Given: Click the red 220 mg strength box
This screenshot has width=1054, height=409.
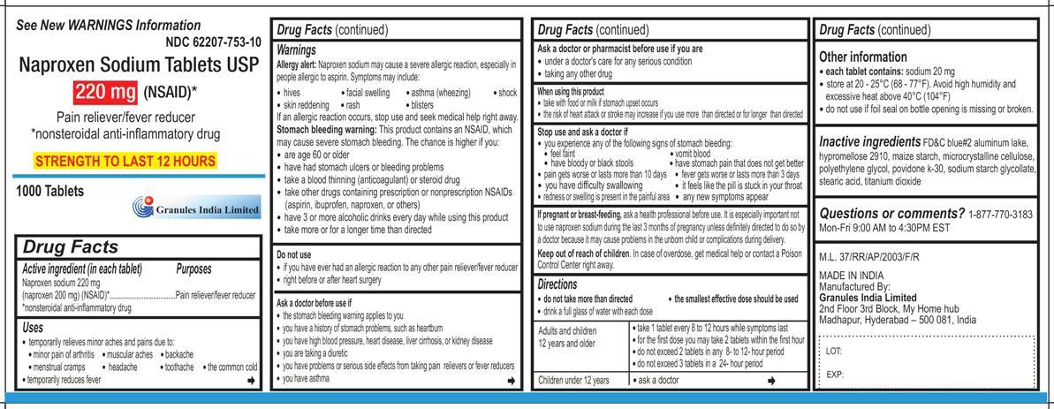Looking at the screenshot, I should point(105,91).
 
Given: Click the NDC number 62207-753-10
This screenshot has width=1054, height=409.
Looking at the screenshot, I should point(213,42).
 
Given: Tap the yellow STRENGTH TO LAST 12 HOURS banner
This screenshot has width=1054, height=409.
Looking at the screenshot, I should point(125,162).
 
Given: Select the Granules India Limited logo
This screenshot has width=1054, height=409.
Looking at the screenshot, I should point(196,208).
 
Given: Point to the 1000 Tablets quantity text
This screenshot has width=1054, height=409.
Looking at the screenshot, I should point(49,191).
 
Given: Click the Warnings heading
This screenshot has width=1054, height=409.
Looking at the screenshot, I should point(296,51).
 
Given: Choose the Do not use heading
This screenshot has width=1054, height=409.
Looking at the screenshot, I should point(294,254).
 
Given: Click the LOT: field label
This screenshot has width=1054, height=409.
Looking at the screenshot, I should point(834,351).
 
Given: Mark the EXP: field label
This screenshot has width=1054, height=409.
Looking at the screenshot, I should point(835,374).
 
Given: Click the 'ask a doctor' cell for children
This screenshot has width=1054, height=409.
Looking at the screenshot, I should point(657,380).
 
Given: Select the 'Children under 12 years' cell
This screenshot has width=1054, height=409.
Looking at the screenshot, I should point(574,380).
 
